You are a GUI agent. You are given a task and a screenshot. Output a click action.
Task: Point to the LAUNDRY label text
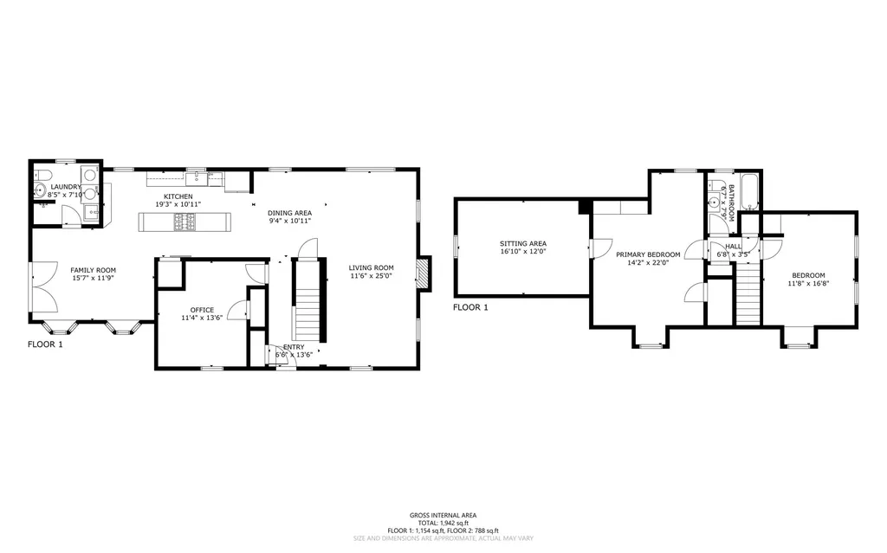coord(66,187)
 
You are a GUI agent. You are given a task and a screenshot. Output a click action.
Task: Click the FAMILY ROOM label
coord(92,270)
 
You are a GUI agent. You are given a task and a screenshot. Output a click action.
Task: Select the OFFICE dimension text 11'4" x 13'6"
coord(202,318)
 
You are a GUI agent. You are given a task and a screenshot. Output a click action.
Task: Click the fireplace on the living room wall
coord(421,273)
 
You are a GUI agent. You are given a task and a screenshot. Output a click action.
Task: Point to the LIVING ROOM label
coord(372,267)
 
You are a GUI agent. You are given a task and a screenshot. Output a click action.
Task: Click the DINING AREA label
coord(289,212)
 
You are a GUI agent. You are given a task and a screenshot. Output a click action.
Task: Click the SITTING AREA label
coord(522,243)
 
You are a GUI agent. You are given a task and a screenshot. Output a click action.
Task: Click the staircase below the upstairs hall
coord(748,294)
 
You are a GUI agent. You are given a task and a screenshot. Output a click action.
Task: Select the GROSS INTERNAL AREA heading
coord(443,515)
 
